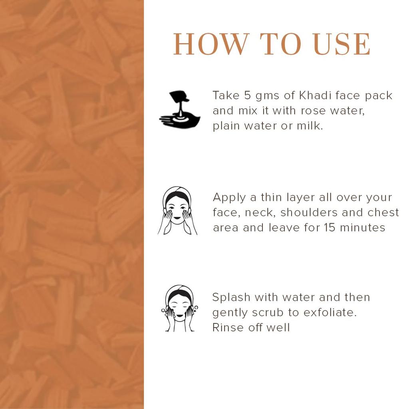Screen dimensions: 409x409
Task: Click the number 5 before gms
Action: pyautogui.click(x=247, y=95)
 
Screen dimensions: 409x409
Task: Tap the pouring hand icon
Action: pyautogui.click(x=180, y=109)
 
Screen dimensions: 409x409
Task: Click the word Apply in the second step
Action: pyautogui.click(x=229, y=198)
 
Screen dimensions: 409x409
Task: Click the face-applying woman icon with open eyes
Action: pyautogui.click(x=177, y=210)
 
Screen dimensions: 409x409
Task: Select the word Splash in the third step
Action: pyautogui.click(x=231, y=298)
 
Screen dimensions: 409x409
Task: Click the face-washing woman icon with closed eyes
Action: pyautogui.click(x=179, y=309)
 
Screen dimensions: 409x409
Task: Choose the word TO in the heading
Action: pyautogui.click(x=281, y=44)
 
